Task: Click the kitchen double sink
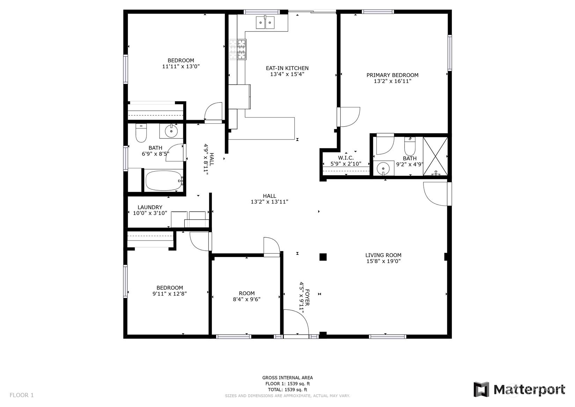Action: pyautogui.click(x=265, y=22)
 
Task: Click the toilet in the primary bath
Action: pyautogui.click(x=410, y=146)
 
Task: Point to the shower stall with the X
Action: pyautogui.click(x=435, y=156)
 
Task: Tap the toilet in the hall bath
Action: pyautogui.click(x=141, y=133)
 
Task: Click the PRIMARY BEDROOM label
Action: pyautogui.click(x=392, y=75)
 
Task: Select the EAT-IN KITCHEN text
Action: pyautogui.click(x=287, y=68)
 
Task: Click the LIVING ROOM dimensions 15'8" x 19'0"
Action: pyautogui.click(x=383, y=261)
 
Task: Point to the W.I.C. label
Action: pyautogui.click(x=346, y=158)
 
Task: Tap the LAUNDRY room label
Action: pyautogui.click(x=150, y=207)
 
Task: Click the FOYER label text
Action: pyautogui.click(x=307, y=298)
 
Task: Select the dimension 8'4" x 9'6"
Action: pyautogui.click(x=247, y=299)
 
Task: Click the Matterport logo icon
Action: pyautogui.click(x=481, y=390)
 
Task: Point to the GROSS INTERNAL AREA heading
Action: pyautogui.click(x=288, y=378)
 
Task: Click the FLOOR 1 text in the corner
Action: pyautogui.click(x=22, y=395)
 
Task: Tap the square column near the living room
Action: pyautogui.click(x=323, y=257)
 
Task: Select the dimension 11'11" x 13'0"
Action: pyautogui.click(x=181, y=66)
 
